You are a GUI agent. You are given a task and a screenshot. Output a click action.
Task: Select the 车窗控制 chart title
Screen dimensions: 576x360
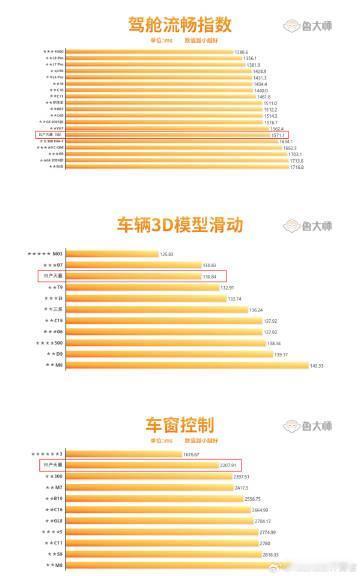(x=180, y=424)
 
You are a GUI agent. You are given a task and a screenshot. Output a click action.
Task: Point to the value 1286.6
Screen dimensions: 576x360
(x=241, y=50)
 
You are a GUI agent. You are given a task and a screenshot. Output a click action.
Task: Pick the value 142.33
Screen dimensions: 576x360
(x=317, y=366)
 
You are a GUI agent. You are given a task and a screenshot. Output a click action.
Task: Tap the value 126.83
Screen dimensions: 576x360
(x=166, y=254)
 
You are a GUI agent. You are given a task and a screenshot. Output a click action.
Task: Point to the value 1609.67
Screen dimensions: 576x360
(x=194, y=454)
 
